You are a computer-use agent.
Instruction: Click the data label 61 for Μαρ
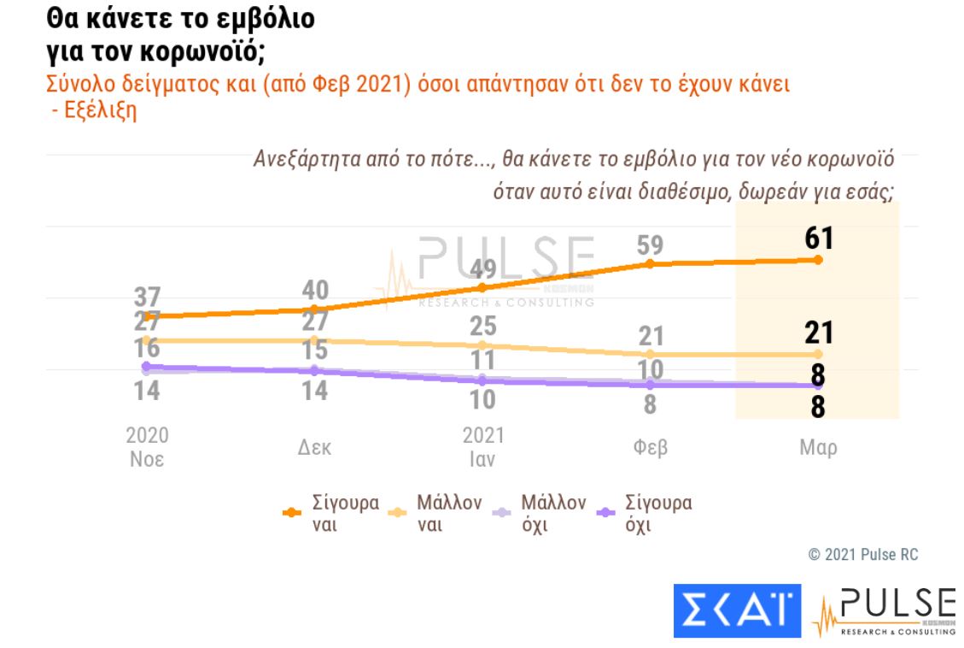817,239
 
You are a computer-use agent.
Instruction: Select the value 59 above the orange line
651,245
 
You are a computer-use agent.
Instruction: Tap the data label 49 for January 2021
483,269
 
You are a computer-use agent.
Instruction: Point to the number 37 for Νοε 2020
148,297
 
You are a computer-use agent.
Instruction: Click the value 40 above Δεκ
314,290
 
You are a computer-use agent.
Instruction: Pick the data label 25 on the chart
483,326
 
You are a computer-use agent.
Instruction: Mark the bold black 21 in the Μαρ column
817,333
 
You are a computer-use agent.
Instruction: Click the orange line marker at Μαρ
817,260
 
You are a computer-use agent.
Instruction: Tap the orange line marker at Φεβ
651,264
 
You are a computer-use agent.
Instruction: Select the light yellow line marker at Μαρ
817,354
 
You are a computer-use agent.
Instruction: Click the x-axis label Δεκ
314,448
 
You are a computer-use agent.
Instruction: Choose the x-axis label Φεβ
651,448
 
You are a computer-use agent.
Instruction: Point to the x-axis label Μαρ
817,448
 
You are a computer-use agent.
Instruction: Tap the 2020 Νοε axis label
148,447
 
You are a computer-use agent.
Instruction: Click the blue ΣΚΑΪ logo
737,610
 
